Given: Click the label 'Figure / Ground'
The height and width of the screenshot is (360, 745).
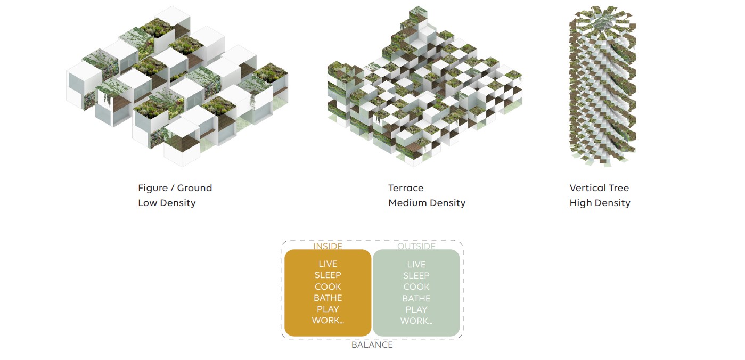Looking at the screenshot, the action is (x=175, y=188).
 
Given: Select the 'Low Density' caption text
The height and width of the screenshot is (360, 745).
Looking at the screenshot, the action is (x=167, y=203).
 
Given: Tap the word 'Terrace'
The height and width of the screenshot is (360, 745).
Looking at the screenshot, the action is (x=406, y=188).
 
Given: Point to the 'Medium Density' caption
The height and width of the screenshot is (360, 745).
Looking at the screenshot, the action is (x=427, y=203).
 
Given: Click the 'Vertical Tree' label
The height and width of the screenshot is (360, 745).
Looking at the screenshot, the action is (x=599, y=188).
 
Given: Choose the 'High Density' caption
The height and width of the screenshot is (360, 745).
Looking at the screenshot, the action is (x=600, y=203).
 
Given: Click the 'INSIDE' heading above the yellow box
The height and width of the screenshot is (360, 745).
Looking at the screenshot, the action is (x=328, y=247).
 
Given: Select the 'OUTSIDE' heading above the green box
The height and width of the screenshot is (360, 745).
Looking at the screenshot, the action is (x=416, y=247).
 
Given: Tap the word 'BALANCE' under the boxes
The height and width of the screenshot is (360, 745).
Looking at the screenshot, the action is (x=372, y=345).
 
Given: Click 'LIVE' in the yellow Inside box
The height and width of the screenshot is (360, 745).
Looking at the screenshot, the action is (x=328, y=264).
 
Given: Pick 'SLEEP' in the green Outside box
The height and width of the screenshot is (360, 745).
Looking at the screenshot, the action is (x=416, y=276).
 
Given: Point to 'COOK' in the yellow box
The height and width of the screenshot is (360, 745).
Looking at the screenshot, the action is (x=328, y=287).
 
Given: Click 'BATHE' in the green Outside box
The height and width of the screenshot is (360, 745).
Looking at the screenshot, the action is (x=416, y=299).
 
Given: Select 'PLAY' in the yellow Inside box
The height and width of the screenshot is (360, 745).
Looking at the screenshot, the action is (x=328, y=309).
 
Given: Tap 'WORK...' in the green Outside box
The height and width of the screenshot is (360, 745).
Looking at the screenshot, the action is (x=416, y=321).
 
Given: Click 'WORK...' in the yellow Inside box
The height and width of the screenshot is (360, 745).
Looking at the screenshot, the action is (x=328, y=321).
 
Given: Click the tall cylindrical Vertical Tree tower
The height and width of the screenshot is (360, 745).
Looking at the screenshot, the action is (x=602, y=88).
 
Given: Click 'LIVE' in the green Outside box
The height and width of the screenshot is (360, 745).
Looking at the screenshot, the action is (x=416, y=265).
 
